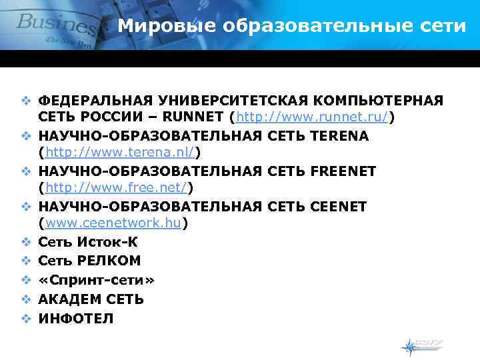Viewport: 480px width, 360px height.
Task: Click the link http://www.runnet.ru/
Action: pyautogui.click(x=311, y=118)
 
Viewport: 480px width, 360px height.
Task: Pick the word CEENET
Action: pyautogui.click(x=339, y=207)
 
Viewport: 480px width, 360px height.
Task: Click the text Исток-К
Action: pyautogui.click(x=103, y=241)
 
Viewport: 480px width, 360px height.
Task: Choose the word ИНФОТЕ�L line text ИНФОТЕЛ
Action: pyautogui.click(x=75, y=319)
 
